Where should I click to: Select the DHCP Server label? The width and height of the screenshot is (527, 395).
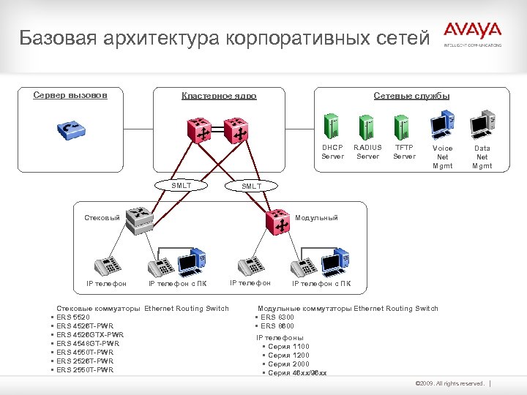pyautogui.click(x=332, y=152)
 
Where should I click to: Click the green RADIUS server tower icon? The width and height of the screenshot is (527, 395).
pyautogui.click(x=367, y=126)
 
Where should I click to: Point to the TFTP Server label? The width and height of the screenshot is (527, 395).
pyautogui.click(x=404, y=152)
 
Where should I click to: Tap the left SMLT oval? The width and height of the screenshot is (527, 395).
pyautogui.click(x=181, y=186)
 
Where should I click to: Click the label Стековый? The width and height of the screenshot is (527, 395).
pyautogui.click(x=102, y=218)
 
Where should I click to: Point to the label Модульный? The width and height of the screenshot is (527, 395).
pyautogui.click(x=316, y=218)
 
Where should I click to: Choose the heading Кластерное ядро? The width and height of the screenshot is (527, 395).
pyautogui.click(x=219, y=96)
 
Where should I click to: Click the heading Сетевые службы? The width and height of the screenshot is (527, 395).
pyautogui.click(x=411, y=96)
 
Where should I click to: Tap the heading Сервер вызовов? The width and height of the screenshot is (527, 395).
pyautogui.click(x=70, y=95)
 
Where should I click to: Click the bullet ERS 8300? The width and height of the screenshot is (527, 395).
pyautogui.click(x=277, y=317)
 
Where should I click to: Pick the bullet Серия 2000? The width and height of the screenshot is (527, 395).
pyautogui.click(x=288, y=364)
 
